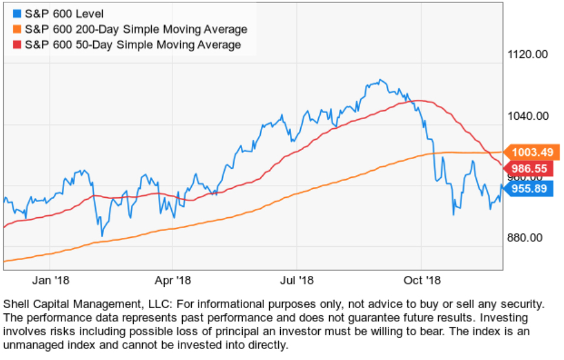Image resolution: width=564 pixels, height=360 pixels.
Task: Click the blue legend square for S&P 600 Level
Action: tap(15, 14)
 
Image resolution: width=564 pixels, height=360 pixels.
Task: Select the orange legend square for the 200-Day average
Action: tap(15, 29)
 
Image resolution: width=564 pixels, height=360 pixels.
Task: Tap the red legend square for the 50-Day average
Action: tap(15, 45)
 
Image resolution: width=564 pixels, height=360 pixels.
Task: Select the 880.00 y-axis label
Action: tap(523, 238)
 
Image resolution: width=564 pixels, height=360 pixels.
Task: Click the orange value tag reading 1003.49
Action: tap(533, 152)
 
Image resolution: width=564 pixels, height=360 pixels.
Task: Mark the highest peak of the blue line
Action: tap(380, 79)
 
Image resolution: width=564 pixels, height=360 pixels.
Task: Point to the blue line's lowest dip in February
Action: tap(102, 235)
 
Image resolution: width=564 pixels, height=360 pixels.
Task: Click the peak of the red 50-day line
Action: tap(416, 100)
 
